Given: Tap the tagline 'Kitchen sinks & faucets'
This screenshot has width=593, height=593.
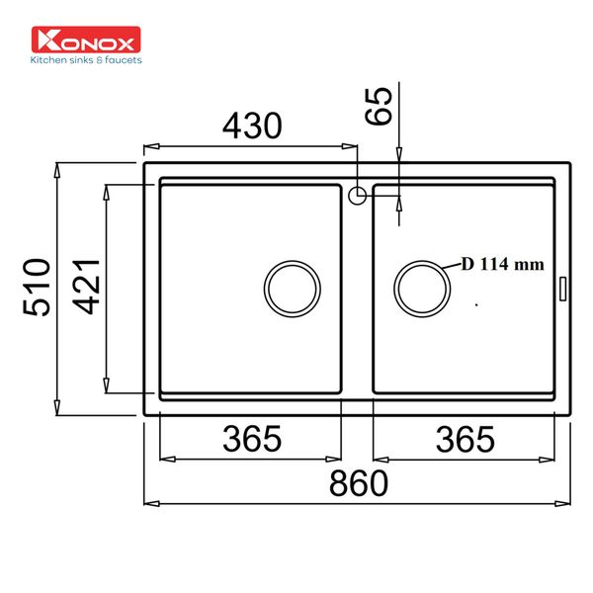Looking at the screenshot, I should pyautogui.click(x=87, y=60).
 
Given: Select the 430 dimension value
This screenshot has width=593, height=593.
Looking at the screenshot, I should pyautogui.click(x=251, y=126).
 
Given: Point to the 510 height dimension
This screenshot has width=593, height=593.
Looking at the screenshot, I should pyautogui.click(x=37, y=287).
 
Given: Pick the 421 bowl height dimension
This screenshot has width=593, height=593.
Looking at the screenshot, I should pyautogui.click(x=86, y=287).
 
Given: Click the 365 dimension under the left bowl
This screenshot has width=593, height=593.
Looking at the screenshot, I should pyautogui.click(x=251, y=436).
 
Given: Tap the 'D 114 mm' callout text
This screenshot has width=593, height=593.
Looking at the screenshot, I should pyautogui.click(x=502, y=264).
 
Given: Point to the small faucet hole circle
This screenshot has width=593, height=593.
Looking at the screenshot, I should pyautogui.click(x=358, y=194).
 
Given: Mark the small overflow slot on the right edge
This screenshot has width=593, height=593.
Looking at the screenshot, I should pyautogui.click(x=563, y=288).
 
